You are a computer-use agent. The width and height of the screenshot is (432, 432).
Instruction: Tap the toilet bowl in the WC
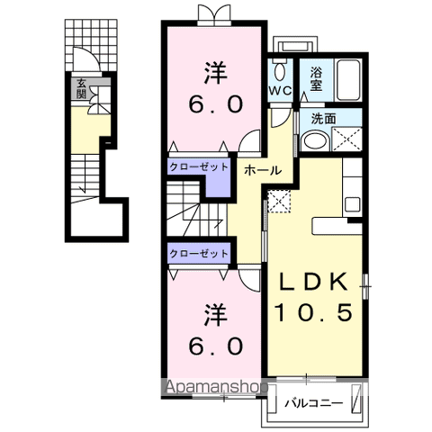[279, 71]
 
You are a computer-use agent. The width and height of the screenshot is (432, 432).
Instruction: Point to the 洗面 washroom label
[324, 117]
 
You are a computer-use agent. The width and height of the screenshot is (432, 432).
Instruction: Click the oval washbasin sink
[315, 139]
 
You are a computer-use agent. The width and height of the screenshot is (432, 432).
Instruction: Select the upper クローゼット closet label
[199, 166]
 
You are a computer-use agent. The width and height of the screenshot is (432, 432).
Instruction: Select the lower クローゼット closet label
[199, 254]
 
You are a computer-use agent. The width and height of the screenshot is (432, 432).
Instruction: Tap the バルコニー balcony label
[314, 402]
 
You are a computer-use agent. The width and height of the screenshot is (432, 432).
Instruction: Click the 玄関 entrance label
[81, 88]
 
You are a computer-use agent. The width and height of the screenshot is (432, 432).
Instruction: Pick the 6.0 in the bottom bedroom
[213, 345]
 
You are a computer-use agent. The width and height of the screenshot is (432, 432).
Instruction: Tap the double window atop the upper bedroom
[213, 13]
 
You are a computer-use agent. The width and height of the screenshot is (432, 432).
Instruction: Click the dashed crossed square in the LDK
[279, 203]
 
